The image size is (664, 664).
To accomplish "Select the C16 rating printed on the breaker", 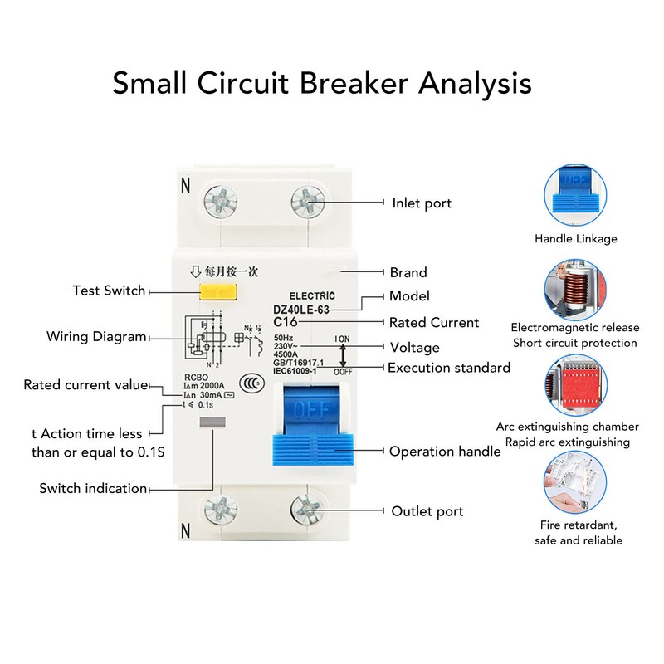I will tap(286, 322).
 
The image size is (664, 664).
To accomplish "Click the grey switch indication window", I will tap(213, 423).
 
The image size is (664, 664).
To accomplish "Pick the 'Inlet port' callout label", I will tap(422, 203).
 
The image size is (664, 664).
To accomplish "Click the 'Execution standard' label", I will tap(449, 368).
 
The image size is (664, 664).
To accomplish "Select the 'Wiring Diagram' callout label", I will tap(96, 337).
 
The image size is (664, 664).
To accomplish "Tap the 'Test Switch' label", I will tap(109, 290).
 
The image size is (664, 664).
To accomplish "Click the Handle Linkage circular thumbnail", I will tap(575, 194).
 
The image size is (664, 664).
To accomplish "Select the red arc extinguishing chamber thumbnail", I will tap(575, 383).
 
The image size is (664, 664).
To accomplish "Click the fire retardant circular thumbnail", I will tap(575, 481).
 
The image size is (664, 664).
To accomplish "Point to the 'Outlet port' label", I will tap(427, 510).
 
